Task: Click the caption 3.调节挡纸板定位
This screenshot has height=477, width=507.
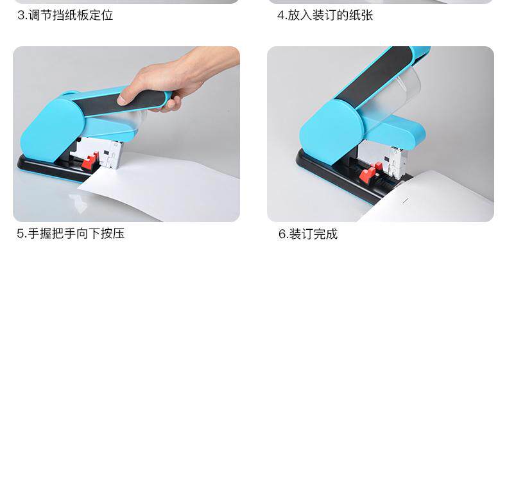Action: click(x=65, y=15)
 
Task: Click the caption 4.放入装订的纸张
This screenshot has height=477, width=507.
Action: click(x=325, y=15)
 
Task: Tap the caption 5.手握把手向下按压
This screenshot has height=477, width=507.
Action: click(x=71, y=234)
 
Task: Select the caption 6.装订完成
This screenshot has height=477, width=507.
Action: click(x=308, y=234)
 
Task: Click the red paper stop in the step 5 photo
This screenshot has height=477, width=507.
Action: click(x=90, y=161)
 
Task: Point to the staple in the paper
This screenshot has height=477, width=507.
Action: click(x=406, y=201)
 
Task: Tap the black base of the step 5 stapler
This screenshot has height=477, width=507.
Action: click(x=55, y=168)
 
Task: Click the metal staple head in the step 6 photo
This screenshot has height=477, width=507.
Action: click(x=395, y=162)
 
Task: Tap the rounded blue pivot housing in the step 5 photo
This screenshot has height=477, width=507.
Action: click(x=52, y=129)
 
